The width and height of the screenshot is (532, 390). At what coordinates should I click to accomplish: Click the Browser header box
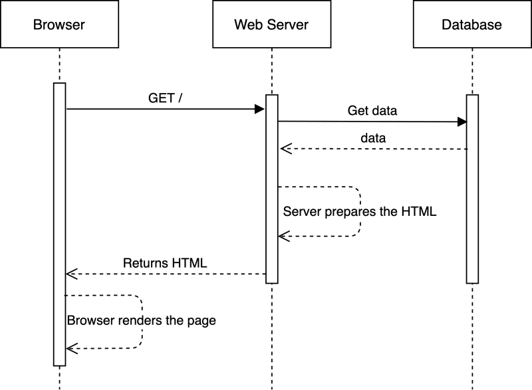pyautogui.click(x=59, y=24)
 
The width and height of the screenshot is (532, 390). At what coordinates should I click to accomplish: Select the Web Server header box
pyautogui.click(x=272, y=24)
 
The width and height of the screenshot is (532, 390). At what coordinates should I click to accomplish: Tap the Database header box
pyautogui.click(x=472, y=24)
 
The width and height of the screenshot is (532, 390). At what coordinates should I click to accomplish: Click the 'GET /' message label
pyautogui.click(x=165, y=98)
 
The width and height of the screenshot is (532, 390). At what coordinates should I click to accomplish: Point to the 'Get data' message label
pyautogui.click(x=372, y=110)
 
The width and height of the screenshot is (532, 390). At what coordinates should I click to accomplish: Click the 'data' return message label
pyautogui.click(x=373, y=138)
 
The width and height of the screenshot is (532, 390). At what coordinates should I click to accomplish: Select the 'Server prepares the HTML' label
pyautogui.click(x=360, y=211)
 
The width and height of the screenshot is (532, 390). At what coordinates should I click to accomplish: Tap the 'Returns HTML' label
pyautogui.click(x=165, y=263)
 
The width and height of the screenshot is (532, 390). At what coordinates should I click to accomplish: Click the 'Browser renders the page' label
pyautogui.click(x=142, y=320)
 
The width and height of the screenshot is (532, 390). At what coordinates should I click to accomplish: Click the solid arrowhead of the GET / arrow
pyautogui.click(x=259, y=109)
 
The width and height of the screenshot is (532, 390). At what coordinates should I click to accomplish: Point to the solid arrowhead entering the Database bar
pyautogui.click(x=462, y=122)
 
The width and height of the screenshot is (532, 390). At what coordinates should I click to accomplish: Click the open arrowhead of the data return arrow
pyautogui.click(x=286, y=149)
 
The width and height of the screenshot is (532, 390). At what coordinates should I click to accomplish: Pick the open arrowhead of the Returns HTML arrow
pyautogui.click(x=72, y=274)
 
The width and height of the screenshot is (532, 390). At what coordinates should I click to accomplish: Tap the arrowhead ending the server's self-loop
pyautogui.click(x=284, y=236)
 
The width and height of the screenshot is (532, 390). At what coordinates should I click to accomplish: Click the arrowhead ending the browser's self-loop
pyautogui.click(x=72, y=348)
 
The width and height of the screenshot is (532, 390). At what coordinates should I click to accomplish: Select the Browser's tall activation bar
pyautogui.click(x=59, y=225)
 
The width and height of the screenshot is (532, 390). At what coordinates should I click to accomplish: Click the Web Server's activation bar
pyautogui.click(x=272, y=189)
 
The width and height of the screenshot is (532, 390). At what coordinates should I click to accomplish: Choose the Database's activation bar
pyautogui.click(x=472, y=189)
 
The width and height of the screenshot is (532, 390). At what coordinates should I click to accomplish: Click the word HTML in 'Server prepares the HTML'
pyautogui.click(x=419, y=211)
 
